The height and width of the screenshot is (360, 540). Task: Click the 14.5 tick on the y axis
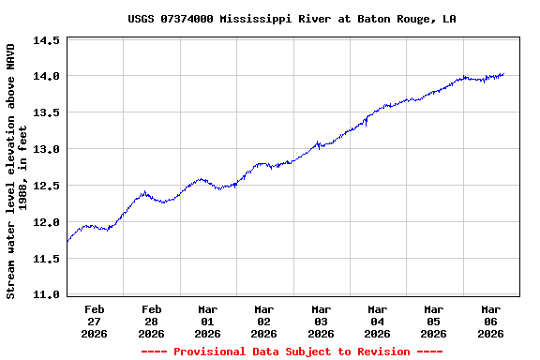(47, 40)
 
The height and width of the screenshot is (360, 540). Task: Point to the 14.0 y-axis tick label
(47, 76)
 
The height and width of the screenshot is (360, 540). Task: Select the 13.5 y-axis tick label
(47, 112)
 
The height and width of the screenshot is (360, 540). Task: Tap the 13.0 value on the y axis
(47, 149)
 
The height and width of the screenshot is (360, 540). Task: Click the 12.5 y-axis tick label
(47, 186)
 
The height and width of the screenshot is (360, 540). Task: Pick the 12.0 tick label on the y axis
(47, 222)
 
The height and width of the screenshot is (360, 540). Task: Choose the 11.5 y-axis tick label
(47, 259)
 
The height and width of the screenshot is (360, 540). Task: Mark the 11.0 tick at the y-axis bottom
(47, 294)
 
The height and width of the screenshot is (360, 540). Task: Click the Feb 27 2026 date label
(95, 321)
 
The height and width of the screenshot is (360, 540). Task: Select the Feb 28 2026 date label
(151, 321)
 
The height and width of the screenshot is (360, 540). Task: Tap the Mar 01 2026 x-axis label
(207, 321)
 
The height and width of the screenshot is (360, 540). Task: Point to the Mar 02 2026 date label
(263, 321)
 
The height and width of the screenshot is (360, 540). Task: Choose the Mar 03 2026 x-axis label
(321, 321)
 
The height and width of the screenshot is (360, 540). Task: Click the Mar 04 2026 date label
(377, 321)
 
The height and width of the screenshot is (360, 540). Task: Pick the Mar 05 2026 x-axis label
(433, 321)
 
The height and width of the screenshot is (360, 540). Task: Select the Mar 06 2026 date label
(490, 321)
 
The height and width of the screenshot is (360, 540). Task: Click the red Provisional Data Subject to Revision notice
(292, 352)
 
